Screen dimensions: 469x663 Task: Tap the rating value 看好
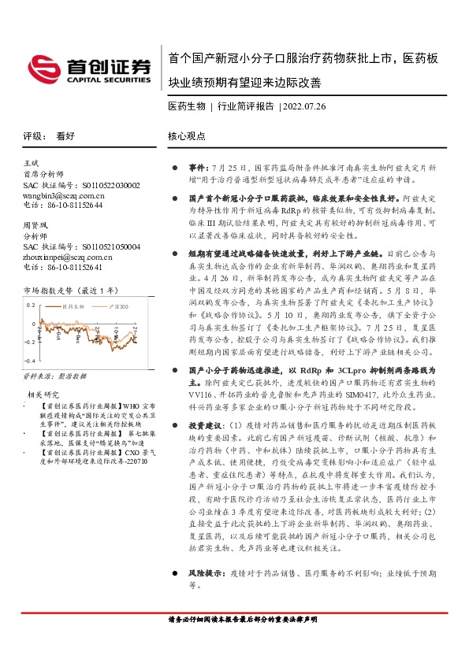(x=65, y=135)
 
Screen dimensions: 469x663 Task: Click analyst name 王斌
(x=32, y=163)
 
